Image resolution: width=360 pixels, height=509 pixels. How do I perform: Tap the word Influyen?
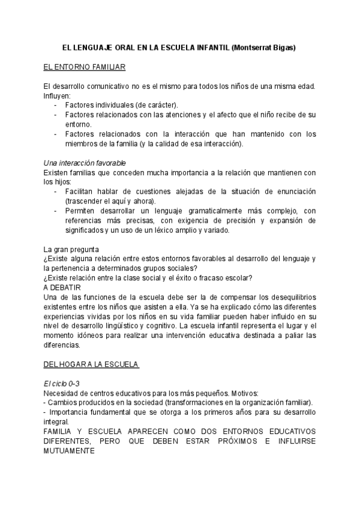tap(57, 95)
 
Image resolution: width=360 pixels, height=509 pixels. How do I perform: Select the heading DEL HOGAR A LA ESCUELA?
tap(91, 364)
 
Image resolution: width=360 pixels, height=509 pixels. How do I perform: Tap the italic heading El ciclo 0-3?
tap(62, 383)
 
